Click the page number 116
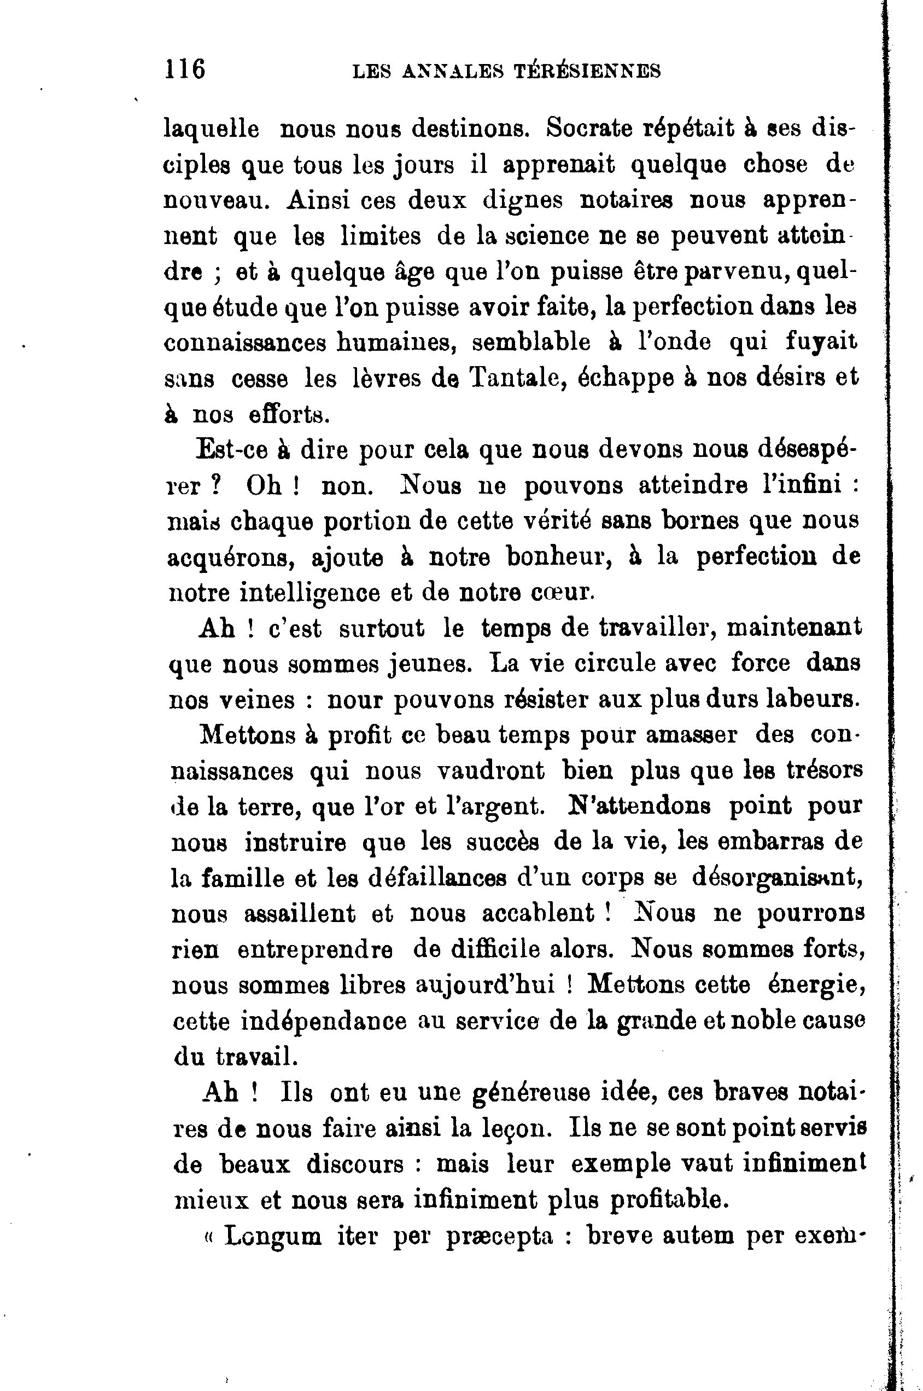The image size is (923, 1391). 185,69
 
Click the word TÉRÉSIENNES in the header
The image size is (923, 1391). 587,71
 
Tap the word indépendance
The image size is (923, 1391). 324,1021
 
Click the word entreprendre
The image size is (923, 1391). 315,949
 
